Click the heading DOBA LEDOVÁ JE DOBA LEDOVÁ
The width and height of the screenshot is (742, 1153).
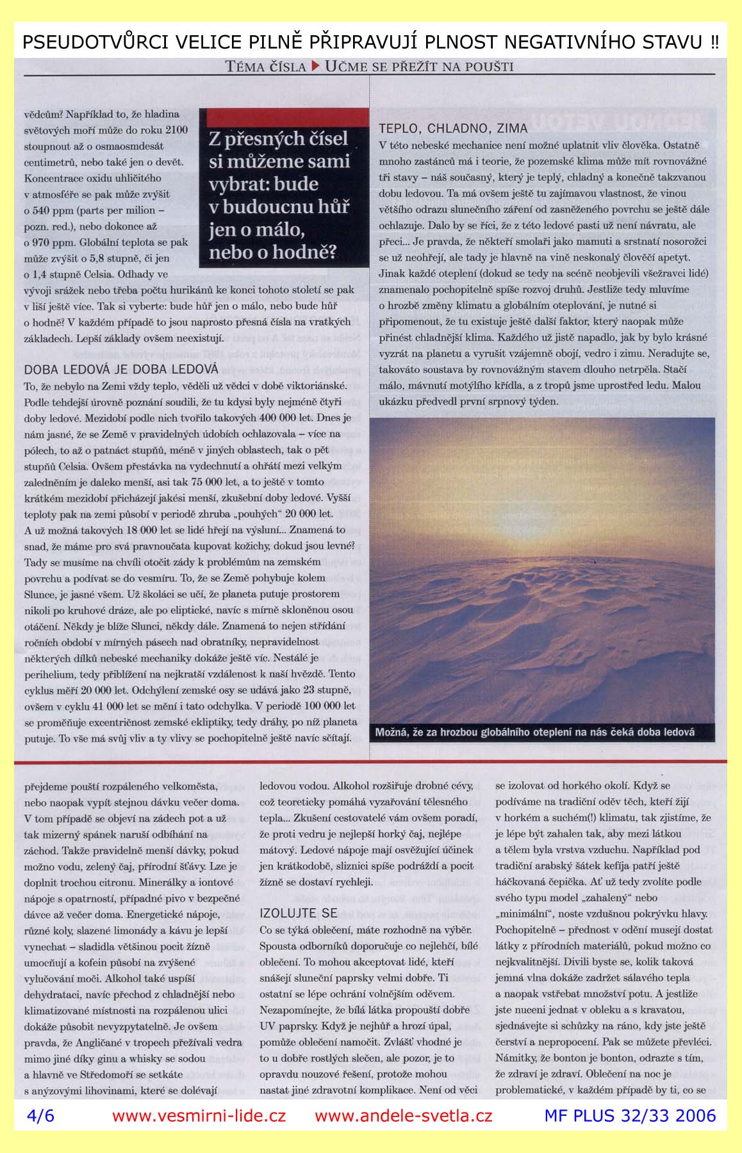(x=121, y=369)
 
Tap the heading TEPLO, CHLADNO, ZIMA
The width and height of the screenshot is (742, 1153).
(x=453, y=128)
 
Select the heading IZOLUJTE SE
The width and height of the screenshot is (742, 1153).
(x=299, y=913)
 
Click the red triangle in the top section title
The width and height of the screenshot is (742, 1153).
(x=316, y=65)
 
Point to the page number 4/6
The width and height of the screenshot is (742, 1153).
(x=40, y=1133)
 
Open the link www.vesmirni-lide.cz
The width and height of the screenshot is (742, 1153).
(x=199, y=1133)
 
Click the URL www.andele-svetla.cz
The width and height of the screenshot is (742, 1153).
(x=404, y=1133)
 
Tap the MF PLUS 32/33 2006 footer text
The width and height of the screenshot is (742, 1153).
(x=629, y=1133)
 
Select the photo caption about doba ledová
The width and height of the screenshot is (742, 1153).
(x=535, y=732)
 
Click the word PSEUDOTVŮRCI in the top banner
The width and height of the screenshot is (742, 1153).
(x=86, y=42)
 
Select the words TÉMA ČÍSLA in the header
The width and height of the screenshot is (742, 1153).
(x=266, y=66)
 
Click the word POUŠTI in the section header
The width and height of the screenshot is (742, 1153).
(x=488, y=66)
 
